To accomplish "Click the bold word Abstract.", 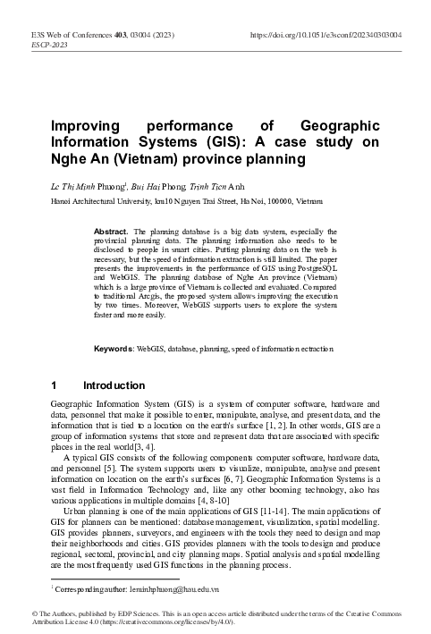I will tap(111, 231).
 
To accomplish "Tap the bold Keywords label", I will tap(114, 347).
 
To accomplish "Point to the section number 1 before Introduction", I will tap(56, 385).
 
